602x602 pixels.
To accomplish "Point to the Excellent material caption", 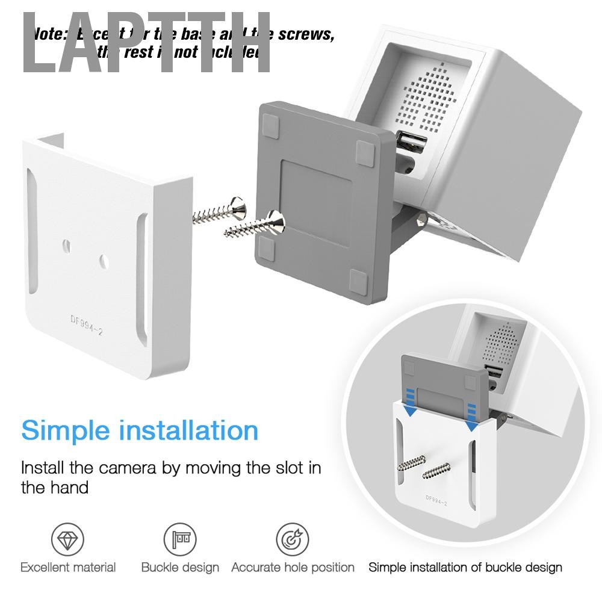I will (x=68, y=567).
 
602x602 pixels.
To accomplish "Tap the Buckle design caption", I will (x=180, y=567).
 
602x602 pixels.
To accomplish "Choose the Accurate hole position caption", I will (x=293, y=567).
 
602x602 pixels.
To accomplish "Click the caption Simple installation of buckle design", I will (x=465, y=567).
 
